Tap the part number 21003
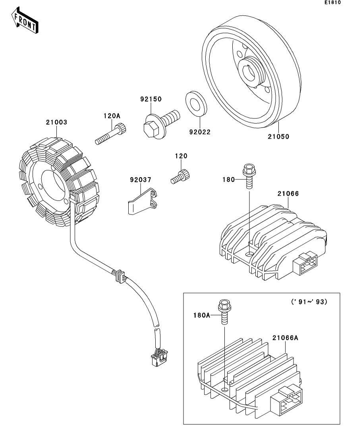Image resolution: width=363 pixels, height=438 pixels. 56,123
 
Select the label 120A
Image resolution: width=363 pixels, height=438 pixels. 112,116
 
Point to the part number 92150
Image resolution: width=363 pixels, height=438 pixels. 151,99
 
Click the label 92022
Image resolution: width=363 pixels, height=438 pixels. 199,131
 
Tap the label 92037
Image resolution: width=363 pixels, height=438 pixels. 140,180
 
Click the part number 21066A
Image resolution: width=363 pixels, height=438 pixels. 285,338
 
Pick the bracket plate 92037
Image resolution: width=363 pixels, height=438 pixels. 142,202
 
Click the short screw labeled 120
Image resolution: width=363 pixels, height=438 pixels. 181,177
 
